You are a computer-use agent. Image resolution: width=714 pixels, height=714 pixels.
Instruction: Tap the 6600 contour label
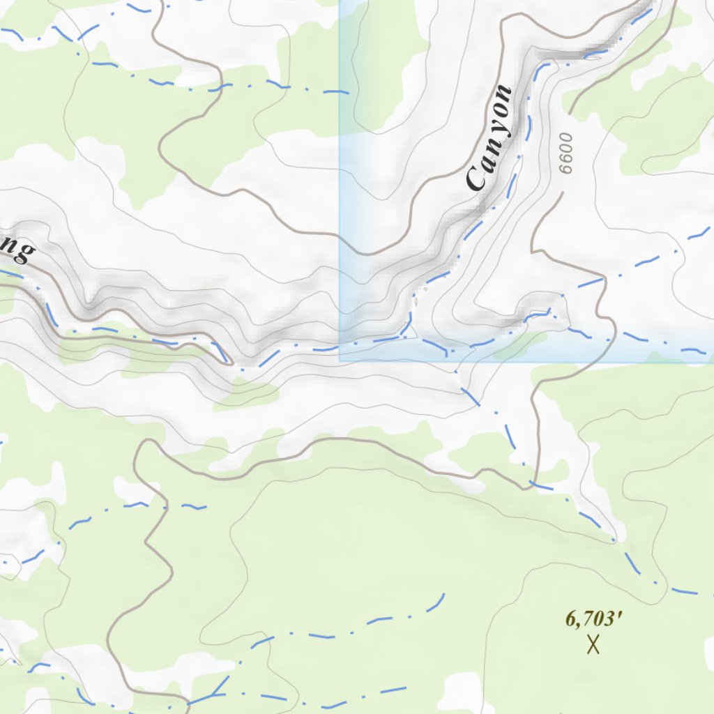point(565,153)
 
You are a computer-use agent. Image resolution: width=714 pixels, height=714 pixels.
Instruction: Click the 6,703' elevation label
point(593,618)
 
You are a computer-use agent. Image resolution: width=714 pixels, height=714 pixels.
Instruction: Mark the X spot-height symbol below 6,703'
point(593,645)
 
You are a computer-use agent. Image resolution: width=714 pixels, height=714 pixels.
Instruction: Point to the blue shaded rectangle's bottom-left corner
point(340,361)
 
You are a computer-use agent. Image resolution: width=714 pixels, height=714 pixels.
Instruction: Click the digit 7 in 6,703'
point(590,618)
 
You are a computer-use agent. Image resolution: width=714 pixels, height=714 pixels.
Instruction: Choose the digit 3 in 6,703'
point(610,618)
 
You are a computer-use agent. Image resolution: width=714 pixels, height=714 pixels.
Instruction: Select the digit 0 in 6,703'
point(600,618)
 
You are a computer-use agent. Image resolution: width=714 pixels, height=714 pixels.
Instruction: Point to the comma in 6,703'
point(580,623)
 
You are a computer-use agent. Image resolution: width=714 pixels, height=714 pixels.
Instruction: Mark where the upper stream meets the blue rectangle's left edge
point(340,91)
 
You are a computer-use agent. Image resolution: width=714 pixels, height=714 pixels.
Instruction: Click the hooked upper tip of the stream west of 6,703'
point(443,595)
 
